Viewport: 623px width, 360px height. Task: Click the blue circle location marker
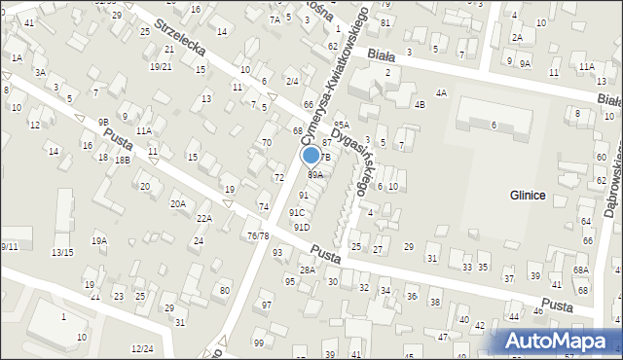pyautogui.click(x=311, y=154)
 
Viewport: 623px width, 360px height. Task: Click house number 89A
pyautogui.click(x=315, y=175)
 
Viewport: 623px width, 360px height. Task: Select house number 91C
pyautogui.click(x=297, y=212)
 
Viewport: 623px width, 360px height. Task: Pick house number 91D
pyautogui.click(x=302, y=227)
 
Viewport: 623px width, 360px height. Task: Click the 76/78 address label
pyautogui.click(x=258, y=235)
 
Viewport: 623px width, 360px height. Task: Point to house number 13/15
pyautogui.click(x=62, y=252)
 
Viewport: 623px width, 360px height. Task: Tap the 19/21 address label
pyautogui.click(x=161, y=66)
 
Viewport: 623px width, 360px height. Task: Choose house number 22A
pyautogui.click(x=203, y=218)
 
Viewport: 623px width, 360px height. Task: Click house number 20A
pyautogui.click(x=178, y=203)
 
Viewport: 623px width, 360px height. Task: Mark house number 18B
pyautogui.click(x=123, y=160)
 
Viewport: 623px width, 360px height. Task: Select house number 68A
pyautogui.click(x=581, y=270)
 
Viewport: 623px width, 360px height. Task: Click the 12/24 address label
pyautogui.click(x=142, y=348)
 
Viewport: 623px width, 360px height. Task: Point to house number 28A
pyautogui.click(x=307, y=270)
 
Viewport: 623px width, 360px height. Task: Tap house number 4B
pyautogui.click(x=420, y=104)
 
